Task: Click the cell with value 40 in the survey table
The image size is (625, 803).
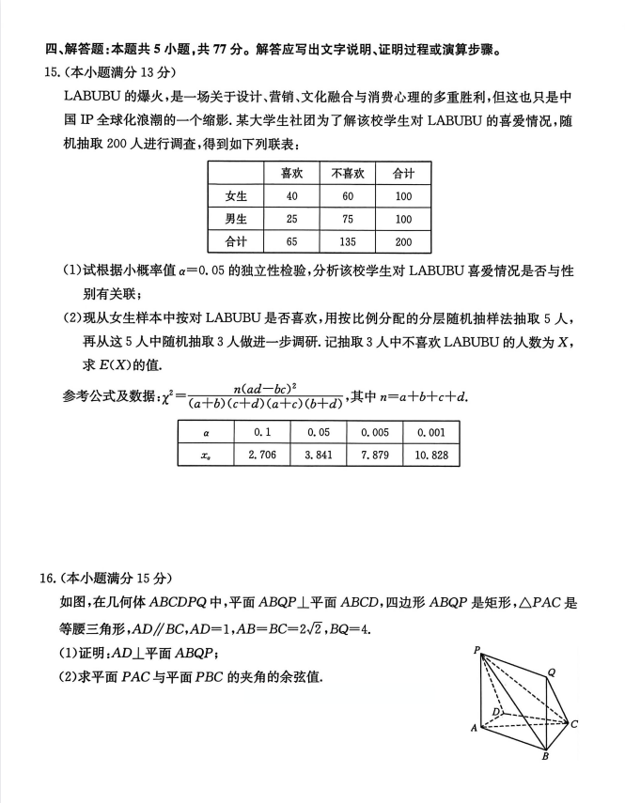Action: click(x=292, y=196)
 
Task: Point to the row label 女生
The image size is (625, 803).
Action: click(x=237, y=196)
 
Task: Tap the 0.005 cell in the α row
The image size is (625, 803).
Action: click(x=374, y=432)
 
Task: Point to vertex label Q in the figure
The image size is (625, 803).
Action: click(x=552, y=672)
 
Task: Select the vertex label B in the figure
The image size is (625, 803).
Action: click(x=544, y=755)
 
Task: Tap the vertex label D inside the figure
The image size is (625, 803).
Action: click(x=496, y=714)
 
